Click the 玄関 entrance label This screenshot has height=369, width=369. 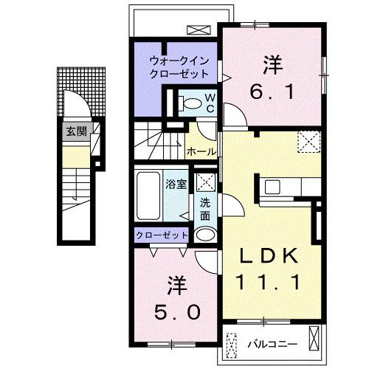click(71, 133)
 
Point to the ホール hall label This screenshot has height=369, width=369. click(201, 151)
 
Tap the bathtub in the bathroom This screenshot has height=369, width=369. click(148, 196)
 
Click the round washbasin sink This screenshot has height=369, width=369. click(205, 235)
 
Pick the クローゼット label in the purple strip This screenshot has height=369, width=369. click(160, 236)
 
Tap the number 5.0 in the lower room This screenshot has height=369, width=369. click(177, 311)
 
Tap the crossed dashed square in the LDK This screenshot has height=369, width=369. click(308, 140)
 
